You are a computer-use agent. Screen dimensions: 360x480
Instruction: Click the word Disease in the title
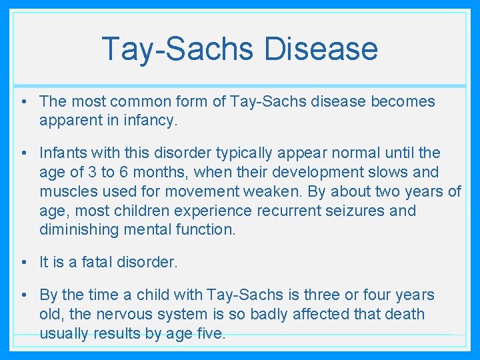(x=321, y=49)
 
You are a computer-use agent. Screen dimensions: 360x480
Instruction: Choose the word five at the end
(x=212, y=333)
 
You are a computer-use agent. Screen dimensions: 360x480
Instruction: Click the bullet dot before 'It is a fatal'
(x=23, y=262)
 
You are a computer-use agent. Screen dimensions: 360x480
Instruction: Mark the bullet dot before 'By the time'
(x=23, y=295)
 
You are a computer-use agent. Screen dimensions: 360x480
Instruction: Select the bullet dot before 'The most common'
(x=23, y=101)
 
